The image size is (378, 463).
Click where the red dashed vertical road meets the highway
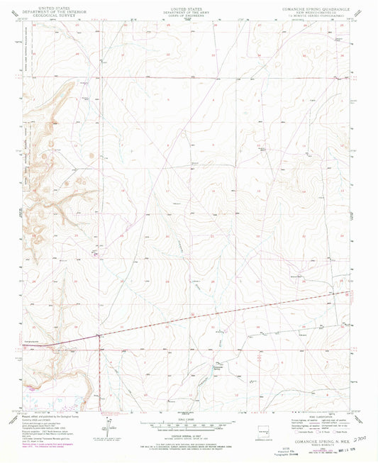[99, 335]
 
